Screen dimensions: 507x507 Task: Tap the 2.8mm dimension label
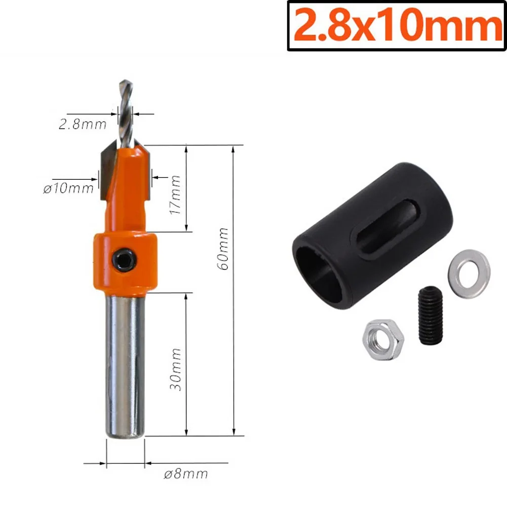82,124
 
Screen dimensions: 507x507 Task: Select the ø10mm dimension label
69,188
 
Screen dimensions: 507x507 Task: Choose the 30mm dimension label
176,368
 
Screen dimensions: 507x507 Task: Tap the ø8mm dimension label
186,474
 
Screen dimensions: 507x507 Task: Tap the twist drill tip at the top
125,109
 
